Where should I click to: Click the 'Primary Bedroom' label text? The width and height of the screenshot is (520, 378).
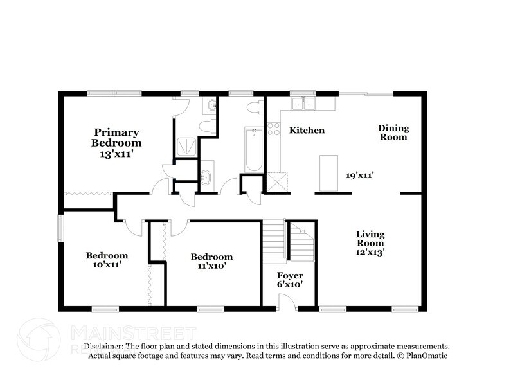click(x=116, y=138)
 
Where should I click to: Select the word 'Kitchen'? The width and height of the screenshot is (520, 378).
click(x=307, y=130)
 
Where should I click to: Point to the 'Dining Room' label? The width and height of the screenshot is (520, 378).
click(x=393, y=132)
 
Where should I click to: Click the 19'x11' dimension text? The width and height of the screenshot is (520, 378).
click(x=360, y=174)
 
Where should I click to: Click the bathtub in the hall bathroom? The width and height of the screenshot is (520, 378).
click(x=254, y=150)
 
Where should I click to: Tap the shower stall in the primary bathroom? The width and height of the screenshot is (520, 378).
click(x=186, y=146)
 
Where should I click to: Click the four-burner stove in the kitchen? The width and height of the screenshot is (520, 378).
click(x=274, y=129)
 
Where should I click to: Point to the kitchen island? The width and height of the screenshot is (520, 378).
click(x=328, y=173)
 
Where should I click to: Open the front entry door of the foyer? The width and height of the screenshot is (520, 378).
click(x=288, y=301)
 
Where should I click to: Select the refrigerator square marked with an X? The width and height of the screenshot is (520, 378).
click(x=277, y=182)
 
